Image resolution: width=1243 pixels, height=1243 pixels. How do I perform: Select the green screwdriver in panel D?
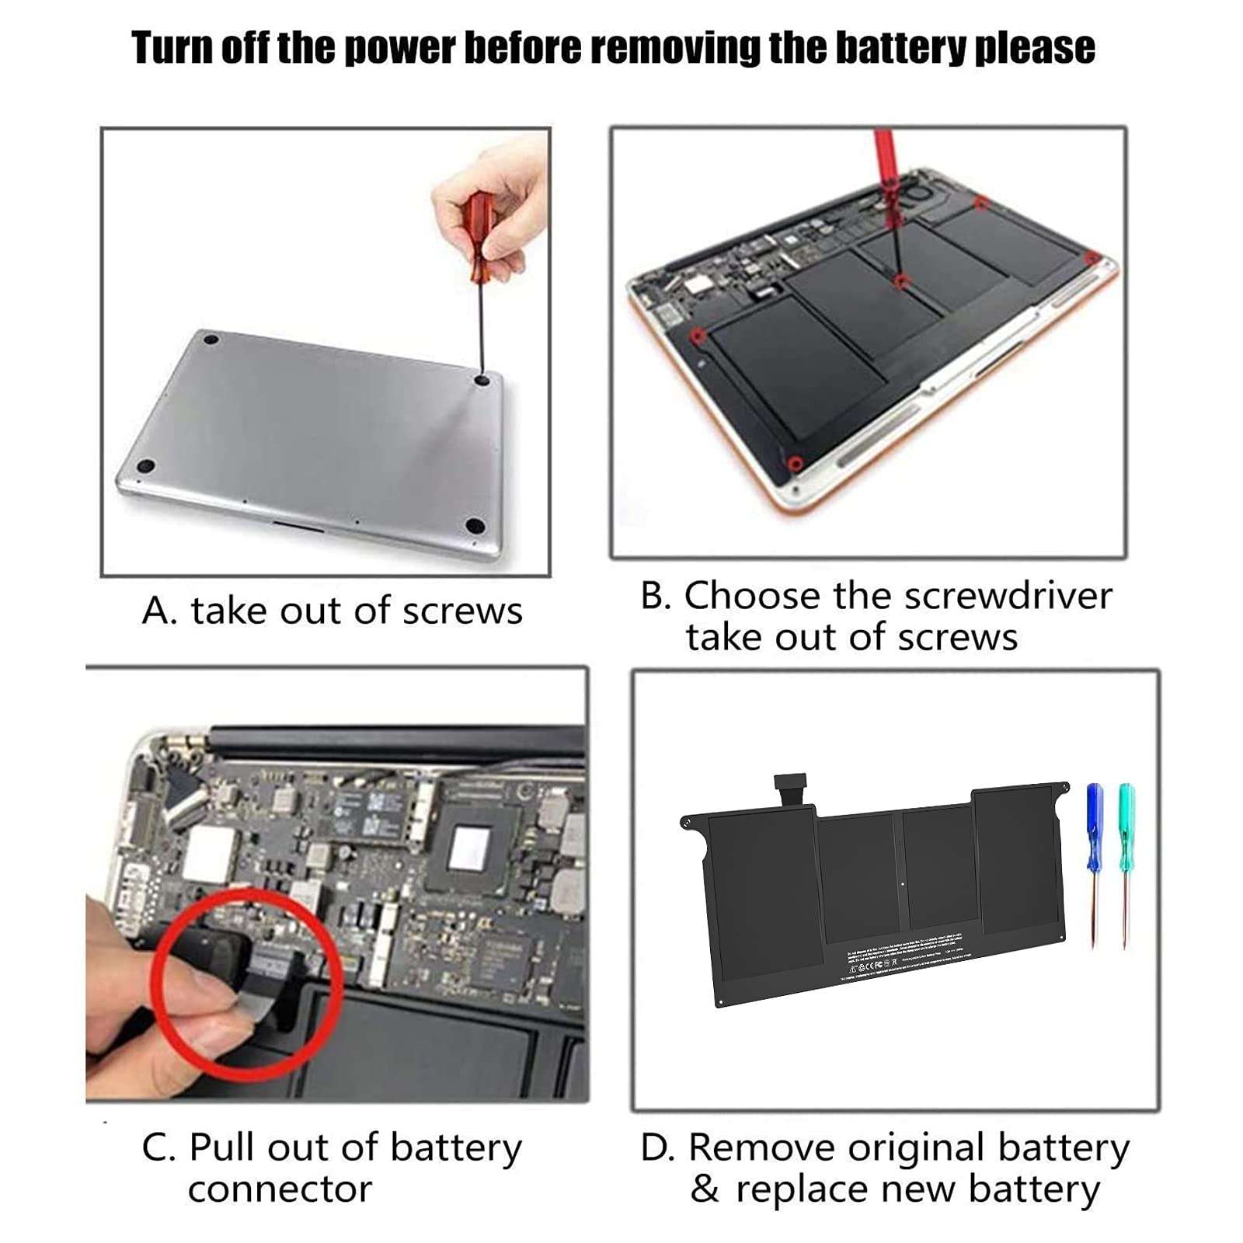tap(1126, 827)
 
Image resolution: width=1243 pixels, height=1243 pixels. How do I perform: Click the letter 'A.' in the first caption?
tap(159, 611)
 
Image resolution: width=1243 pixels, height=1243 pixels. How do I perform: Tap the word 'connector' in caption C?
tap(280, 1189)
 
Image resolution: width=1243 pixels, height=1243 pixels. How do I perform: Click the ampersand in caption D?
tap(705, 1189)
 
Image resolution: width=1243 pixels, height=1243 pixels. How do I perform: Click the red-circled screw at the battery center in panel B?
tap(900, 281)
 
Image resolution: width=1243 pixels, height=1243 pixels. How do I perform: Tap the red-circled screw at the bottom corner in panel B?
tap(794, 464)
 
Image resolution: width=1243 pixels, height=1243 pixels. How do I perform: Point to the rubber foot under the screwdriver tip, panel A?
tap(482, 380)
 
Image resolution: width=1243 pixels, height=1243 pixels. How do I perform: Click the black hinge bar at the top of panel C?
tap(396, 742)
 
